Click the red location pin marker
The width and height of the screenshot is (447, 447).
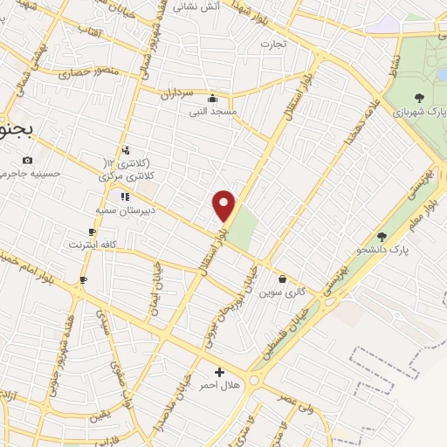click(x=224, y=205)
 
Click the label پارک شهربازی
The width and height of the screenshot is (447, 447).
click(x=420, y=113)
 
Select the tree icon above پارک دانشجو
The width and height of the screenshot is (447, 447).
click(x=381, y=236)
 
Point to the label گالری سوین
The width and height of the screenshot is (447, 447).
click(x=282, y=292)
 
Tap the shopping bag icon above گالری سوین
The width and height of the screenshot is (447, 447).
click(x=282, y=279)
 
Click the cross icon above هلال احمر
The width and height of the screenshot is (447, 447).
click(x=219, y=372)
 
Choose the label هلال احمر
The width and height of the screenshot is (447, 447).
click(x=219, y=385)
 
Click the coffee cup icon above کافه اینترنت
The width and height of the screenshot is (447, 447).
click(x=93, y=231)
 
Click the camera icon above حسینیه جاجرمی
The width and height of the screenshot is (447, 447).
click(x=28, y=160)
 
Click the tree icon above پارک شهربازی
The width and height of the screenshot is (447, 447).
click(x=420, y=99)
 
